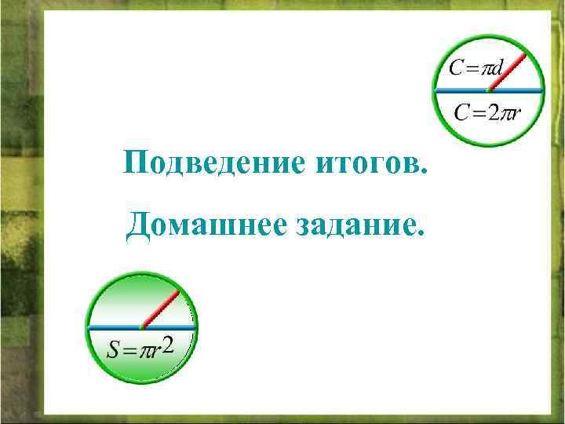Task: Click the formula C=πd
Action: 476,68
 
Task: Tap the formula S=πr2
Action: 140,348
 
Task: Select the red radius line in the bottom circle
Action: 161,309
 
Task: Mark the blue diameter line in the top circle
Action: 455,91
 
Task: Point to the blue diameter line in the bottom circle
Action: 114,327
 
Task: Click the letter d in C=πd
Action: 497,68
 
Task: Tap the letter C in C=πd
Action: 455,68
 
